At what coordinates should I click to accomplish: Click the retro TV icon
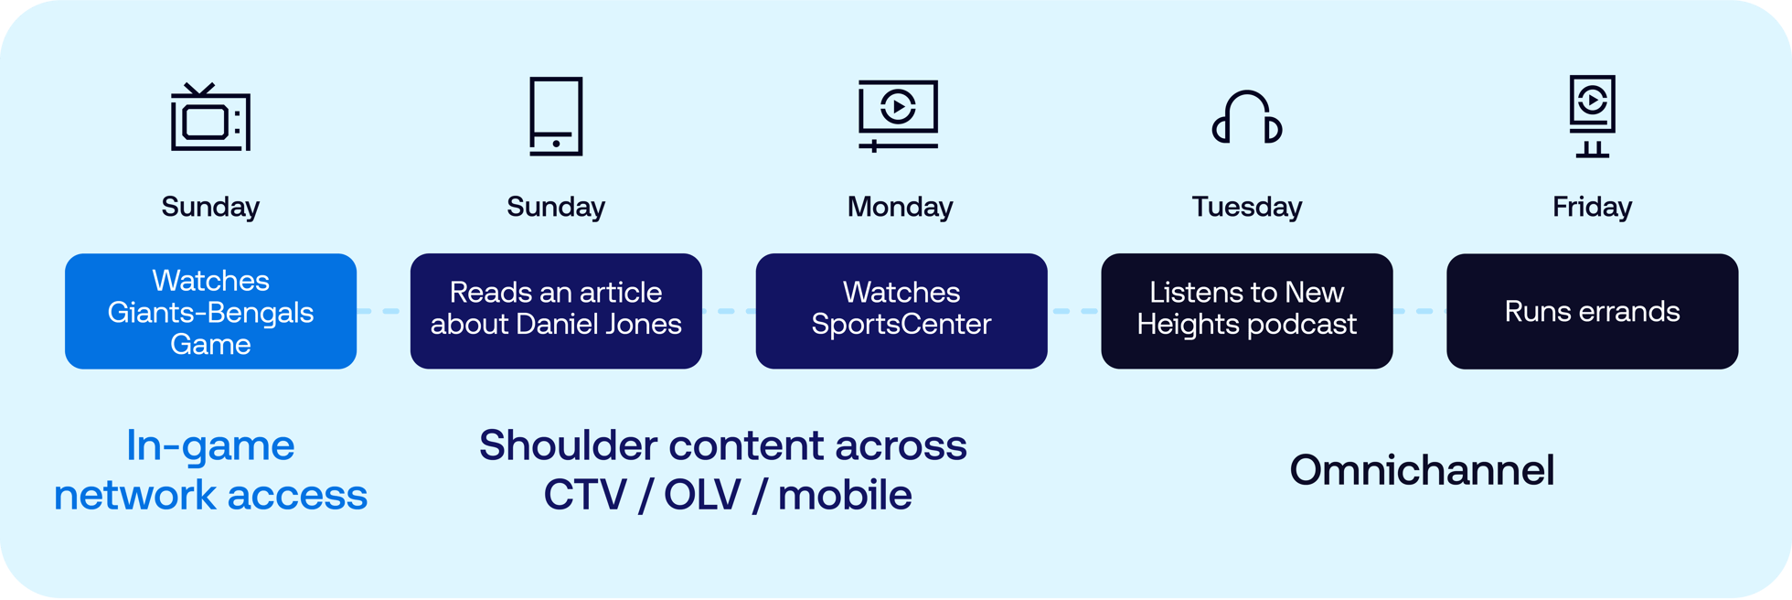[210, 118]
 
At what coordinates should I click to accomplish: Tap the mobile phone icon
[556, 116]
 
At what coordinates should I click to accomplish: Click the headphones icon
[1247, 118]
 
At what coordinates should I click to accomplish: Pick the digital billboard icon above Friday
[1592, 115]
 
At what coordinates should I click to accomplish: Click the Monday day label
[900, 207]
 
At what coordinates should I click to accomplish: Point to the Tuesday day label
[1247, 207]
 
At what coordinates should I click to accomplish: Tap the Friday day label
[1592, 207]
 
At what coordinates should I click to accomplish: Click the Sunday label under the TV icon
[210, 207]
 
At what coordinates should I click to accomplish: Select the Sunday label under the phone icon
[556, 207]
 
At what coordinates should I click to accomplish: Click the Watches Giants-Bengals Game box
[210, 311]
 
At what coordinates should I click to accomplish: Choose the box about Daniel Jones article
[556, 311]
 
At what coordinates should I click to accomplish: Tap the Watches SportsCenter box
[901, 311]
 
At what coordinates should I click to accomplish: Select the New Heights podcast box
[1247, 311]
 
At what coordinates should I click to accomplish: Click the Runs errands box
[1592, 311]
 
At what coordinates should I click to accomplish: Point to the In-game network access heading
[210, 470]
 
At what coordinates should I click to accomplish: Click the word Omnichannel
[1422, 470]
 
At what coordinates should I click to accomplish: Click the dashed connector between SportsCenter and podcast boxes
[1074, 311]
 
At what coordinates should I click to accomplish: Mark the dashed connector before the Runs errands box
[1420, 311]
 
